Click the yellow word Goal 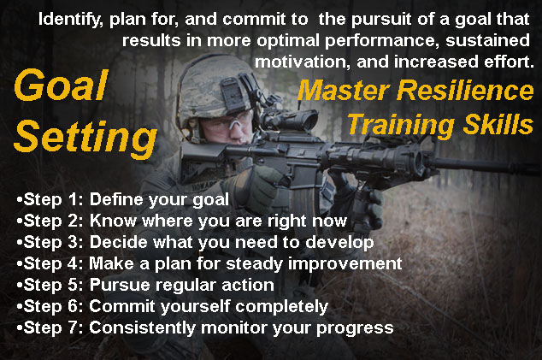click(x=62, y=85)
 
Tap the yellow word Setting click(x=85, y=138)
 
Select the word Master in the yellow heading click(x=344, y=91)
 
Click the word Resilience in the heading click(x=465, y=91)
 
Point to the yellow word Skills click(x=498, y=124)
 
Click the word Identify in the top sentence click(x=70, y=20)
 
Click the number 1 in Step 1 click(x=73, y=199)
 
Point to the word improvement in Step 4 click(x=345, y=264)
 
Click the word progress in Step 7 click(x=355, y=328)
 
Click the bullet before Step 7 click(x=20, y=328)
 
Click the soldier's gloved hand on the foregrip click(x=360, y=199)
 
